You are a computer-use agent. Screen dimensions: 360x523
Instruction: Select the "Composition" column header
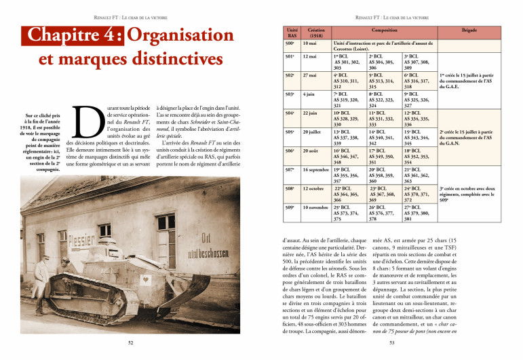(385, 31)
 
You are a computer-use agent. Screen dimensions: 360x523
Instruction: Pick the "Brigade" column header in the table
(469, 31)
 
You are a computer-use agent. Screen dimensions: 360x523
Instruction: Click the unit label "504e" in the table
(290, 113)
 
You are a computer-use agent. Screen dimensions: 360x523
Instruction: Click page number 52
(130, 343)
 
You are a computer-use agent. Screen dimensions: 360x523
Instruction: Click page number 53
(391, 343)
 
